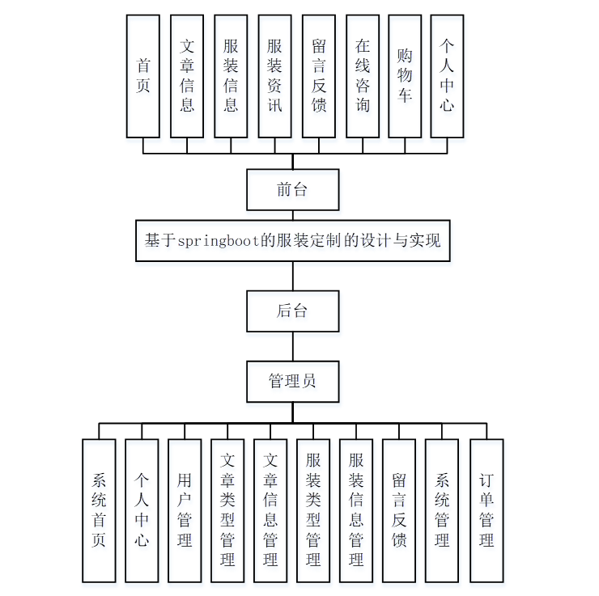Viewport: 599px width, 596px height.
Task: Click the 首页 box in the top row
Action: (x=143, y=75)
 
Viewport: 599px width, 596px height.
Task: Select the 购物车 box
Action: (x=405, y=75)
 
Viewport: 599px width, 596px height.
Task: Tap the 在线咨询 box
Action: (x=362, y=75)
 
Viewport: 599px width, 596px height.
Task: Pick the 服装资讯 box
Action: (x=274, y=75)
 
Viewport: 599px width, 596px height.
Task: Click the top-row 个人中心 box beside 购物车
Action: (x=448, y=75)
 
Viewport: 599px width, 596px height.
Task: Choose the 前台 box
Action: (x=292, y=190)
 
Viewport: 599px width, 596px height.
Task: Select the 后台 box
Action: (x=292, y=311)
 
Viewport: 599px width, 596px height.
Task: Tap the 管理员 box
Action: (x=292, y=381)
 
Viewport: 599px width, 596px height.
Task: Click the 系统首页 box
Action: (x=99, y=510)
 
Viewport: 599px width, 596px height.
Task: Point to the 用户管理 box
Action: (x=185, y=510)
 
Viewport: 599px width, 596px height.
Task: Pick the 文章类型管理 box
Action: (x=227, y=510)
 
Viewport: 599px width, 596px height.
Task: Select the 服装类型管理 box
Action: (x=313, y=510)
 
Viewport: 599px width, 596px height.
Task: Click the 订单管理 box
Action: (x=486, y=510)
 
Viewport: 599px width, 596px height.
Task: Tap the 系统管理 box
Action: (x=442, y=510)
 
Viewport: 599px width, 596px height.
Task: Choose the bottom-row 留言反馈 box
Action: (x=399, y=510)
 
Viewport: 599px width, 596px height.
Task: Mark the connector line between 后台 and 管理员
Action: (x=293, y=346)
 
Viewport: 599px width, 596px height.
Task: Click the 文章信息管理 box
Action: (x=270, y=510)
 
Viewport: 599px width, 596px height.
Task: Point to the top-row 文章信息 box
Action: (x=187, y=75)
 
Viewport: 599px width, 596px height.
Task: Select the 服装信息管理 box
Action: (x=356, y=510)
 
